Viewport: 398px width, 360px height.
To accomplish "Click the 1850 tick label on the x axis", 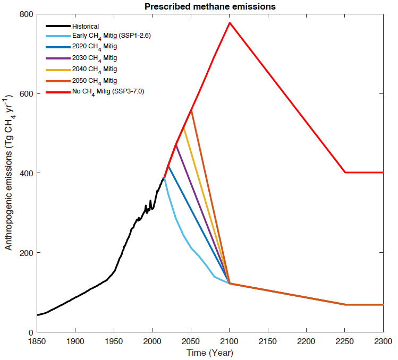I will [x=37, y=341].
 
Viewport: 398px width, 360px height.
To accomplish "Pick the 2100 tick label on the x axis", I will [x=229, y=341].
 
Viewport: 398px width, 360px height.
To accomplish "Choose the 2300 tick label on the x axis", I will [x=382, y=341].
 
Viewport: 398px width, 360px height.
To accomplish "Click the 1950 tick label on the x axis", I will [x=114, y=341].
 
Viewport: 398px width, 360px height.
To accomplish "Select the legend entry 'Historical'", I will [x=86, y=26].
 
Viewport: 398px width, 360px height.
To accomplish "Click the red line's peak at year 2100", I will [x=230, y=22].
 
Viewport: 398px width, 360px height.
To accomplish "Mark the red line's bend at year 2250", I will [x=345, y=172].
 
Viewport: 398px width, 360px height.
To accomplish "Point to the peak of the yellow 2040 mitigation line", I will [x=183, y=127].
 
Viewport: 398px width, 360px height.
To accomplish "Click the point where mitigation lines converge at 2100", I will [x=230, y=284].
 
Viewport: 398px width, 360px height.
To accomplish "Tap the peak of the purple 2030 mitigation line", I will [x=176, y=144].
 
